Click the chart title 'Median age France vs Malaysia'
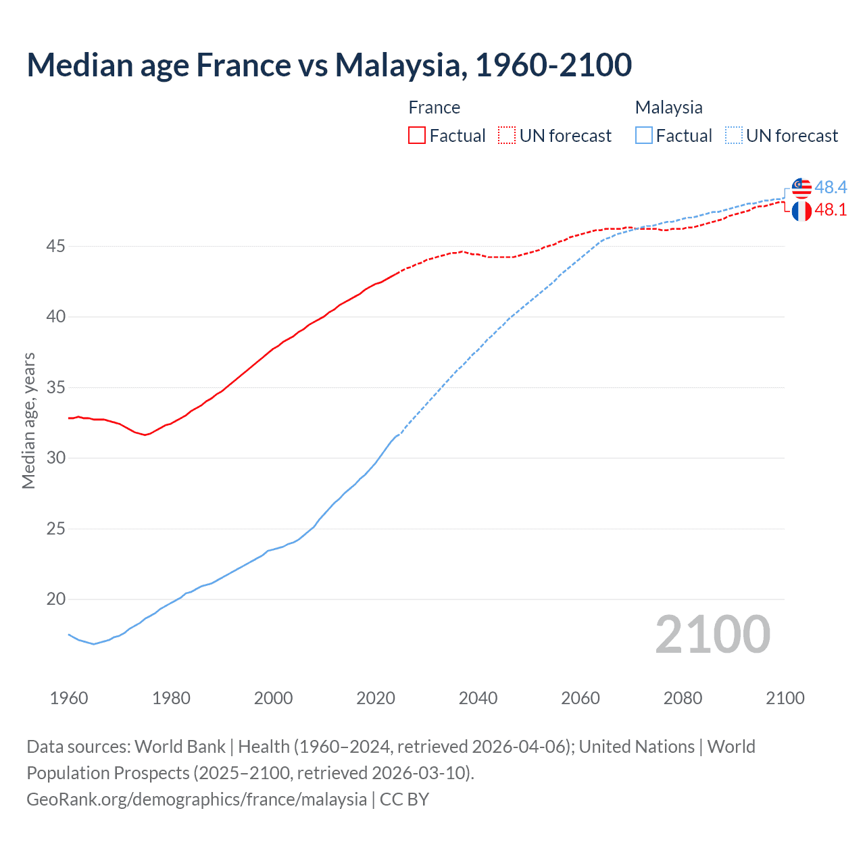pos(329,65)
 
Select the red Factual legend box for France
pos(417,136)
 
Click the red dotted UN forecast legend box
pos(507,136)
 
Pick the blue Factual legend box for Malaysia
pos(644,136)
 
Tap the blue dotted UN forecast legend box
pos(733,136)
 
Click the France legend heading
pos(434,107)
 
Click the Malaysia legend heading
pos(668,107)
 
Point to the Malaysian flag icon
pos(801,187)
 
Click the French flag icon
pos(801,211)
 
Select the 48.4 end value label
pos(831,187)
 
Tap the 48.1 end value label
pos(831,210)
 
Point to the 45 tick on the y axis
pos(55,247)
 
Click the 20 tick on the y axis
pos(55,599)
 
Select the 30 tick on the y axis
pos(55,458)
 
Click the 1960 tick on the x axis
pos(69,698)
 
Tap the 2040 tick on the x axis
pos(478,698)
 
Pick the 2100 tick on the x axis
pos(785,698)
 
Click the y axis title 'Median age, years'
pos(28,420)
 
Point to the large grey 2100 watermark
pos(712,635)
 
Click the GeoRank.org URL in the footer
pos(197,799)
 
